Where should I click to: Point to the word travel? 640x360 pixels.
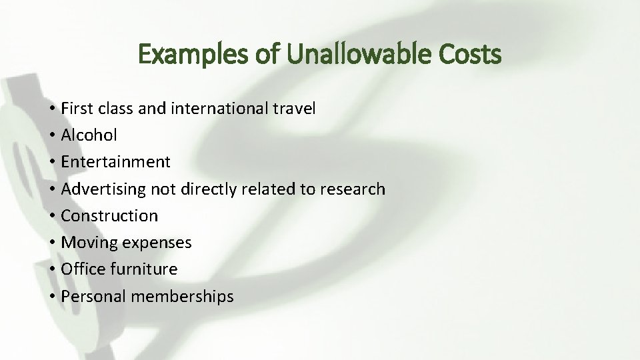point(295,109)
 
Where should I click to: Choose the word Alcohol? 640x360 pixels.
point(89,135)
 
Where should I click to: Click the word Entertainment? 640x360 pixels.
point(115,162)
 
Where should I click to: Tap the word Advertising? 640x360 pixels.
point(103,189)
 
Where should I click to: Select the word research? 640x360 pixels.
point(352,189)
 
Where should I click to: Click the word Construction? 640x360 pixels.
point(109,216)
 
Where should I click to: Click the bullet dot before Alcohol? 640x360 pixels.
point(51,136)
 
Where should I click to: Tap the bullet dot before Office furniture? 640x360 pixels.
point(51,270)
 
